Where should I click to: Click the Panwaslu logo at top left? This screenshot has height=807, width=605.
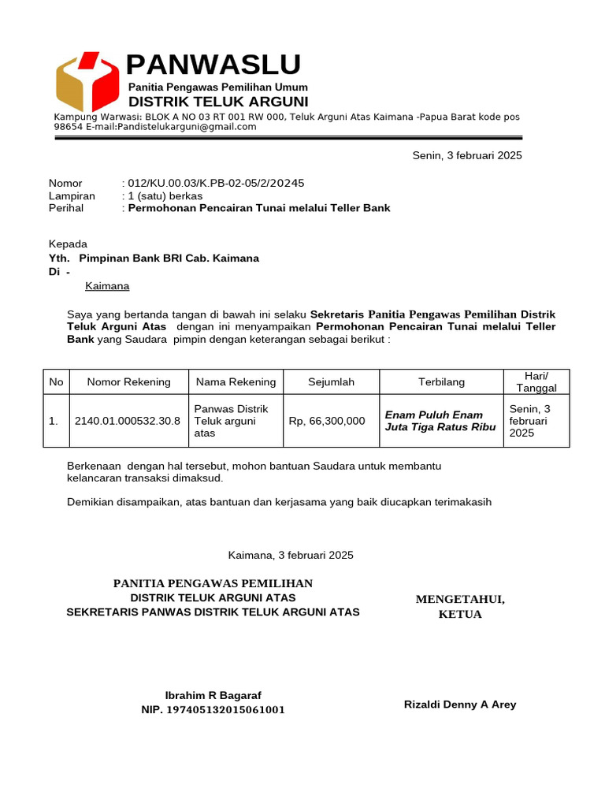pyautogui.click(x=87, y=82)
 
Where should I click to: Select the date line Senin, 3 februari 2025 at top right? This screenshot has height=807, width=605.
pyautogui.click(x=467, y=155)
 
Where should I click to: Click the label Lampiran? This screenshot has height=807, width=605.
pyautogui.click(x=72, y=195)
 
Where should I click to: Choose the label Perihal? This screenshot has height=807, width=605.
pyautogui.click(x=66, y=208)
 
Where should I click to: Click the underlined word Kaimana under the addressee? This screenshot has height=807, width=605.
pyautogui.click(x=107, y=286)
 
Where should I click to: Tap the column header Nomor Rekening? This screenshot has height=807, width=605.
pyautogui.click(x=128, y=381)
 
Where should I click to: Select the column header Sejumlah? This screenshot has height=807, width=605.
pyautogui.click(x=331, y=381)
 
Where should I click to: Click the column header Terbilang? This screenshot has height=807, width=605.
pyautogui.click(x=441, y=381)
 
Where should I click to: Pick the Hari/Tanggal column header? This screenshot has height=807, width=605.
pyautogui.click(x=536, y=381)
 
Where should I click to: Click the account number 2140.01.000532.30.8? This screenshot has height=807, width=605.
pyautogui.click(x=128, y=421)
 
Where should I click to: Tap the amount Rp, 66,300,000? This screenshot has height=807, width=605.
pyautogui.click(x=327, y=421)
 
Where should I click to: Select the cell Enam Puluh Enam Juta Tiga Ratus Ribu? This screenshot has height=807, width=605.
pyautogui.click(x=440, y=421)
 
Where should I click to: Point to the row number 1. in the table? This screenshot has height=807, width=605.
pyautogui.click(x=54, y=421)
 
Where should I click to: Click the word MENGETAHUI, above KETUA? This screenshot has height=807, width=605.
pyautogui.click(x=460, y=600)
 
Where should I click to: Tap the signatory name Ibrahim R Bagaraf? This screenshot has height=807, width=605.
pyautogui.click(x=213, y=695)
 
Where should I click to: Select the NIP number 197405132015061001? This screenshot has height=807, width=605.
pyautogui.click(x=213, y=709)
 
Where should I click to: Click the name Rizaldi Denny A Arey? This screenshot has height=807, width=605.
pyautogui.click(x=460, y=704)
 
